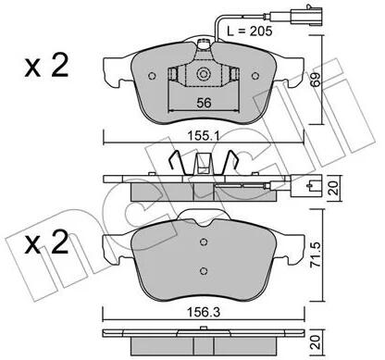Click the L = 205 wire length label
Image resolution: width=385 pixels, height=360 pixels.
[250, 31]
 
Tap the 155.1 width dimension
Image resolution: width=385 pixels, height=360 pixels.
[204, 136]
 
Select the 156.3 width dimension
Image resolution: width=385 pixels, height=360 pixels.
[205, 313]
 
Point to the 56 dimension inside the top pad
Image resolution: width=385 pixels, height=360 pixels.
[204, 103]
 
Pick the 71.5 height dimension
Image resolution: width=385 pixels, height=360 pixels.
[316, 254]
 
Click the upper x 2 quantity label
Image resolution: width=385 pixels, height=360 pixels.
[46, 65]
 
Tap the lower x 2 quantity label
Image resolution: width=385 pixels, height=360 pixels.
[46, 242]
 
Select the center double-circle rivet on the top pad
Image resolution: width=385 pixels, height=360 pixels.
[203, 74]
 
